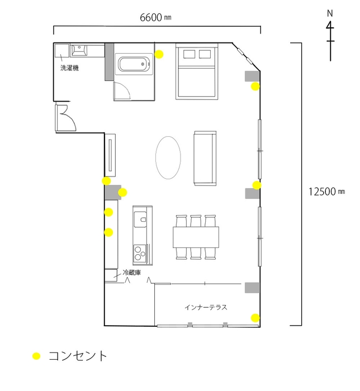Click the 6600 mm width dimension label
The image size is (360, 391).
click(x=155, y=17)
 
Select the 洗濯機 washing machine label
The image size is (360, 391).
click(x=69, y=68)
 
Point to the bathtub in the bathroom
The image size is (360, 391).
click(x=134, y=64)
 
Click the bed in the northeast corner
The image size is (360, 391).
click(x=196, y=71)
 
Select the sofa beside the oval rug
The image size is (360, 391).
click(x=205, y=158)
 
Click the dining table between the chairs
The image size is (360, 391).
click(x=196, y=237)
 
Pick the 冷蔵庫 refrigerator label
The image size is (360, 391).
click(x=131, y=273)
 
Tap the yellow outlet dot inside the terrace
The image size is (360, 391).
click(x=255, y=318)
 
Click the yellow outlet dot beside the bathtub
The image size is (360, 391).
click(x=159, y=54)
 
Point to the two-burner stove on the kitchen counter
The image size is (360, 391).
click(x=140, y=254)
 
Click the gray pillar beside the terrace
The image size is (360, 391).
click(x=252, y=287)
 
